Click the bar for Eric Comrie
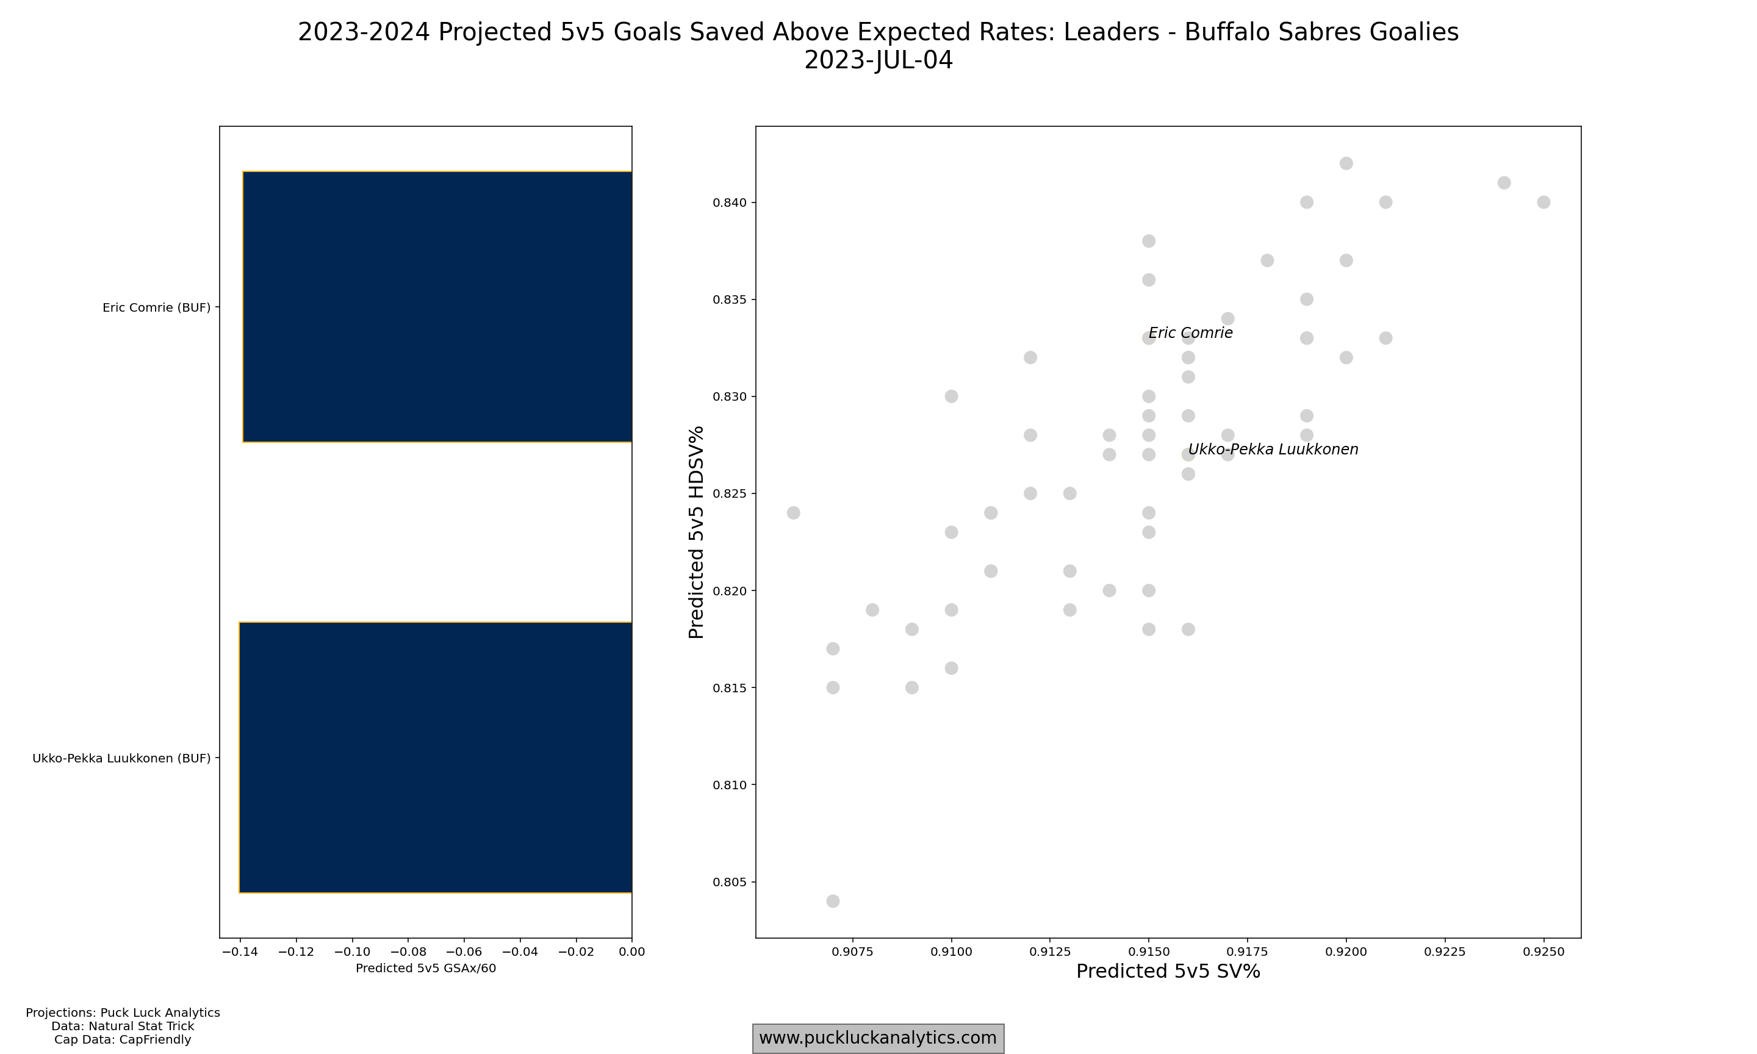click(437, 307)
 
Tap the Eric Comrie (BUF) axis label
click(156, 307)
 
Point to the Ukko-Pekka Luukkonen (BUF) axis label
click(121, 759)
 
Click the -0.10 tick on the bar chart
click(351, 952)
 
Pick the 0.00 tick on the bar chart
click(631, 952)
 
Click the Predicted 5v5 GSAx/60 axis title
click(425, 968)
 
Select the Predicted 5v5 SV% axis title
click(1168, 972)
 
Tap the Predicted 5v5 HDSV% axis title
click(696, 532)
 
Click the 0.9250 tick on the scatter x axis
click(1543, 952)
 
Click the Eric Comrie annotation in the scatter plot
click(1190, 333)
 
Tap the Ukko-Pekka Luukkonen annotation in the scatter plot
click(1273, 450)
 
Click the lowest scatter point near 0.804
click(833, 902)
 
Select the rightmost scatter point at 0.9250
click(1543, 203)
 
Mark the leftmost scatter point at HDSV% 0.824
click(793, 513)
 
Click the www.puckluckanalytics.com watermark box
click(878, 1038)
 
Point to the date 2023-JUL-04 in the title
click(878, 60)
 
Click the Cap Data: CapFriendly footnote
click(122, 1040)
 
